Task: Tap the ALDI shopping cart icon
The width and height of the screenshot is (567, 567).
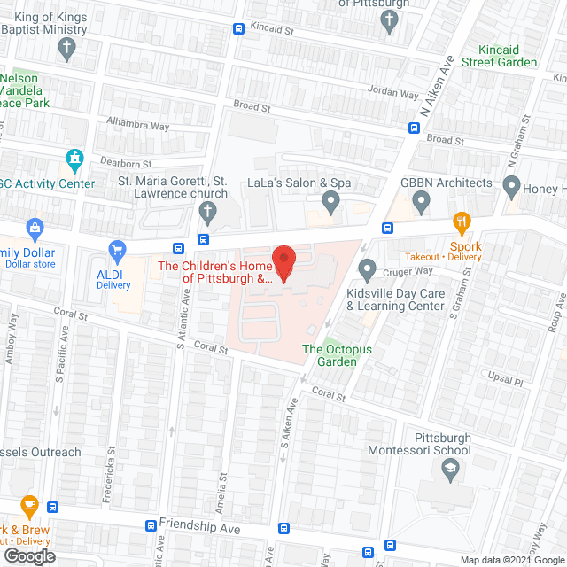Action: (115, 252)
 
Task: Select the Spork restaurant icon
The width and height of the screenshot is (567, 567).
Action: (460, 221)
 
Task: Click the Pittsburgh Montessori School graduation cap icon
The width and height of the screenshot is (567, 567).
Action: (450, 470)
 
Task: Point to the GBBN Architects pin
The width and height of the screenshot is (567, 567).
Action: (422, 204)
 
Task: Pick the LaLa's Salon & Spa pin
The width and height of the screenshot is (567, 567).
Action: (330, 204)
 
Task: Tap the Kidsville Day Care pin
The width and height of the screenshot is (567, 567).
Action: (366, 268)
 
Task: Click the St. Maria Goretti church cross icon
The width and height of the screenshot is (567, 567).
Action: (206, 211)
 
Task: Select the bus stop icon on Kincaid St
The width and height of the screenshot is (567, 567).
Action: (238, 28)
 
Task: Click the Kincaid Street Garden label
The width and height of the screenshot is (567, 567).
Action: (506, 56)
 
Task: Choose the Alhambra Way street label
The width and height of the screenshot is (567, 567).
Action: (137, 126)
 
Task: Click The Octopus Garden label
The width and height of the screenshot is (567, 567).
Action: (330, 355)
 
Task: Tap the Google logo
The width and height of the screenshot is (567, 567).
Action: (28, 555)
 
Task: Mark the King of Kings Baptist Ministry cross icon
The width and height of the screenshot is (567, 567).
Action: (67, 52)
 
